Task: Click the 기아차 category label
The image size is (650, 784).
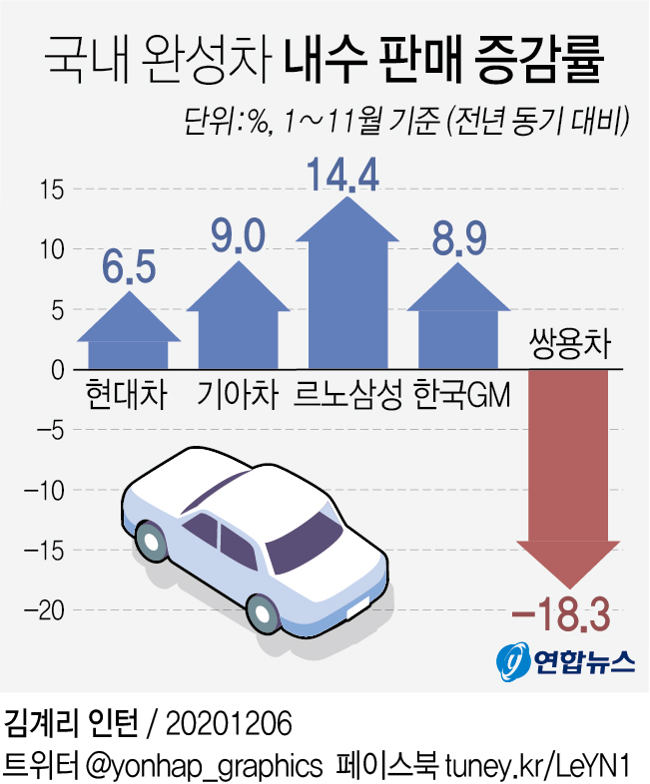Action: pyautogui.click(x=237, y=393)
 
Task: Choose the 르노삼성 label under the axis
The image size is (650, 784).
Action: pyautogui.click(x=347, y=393)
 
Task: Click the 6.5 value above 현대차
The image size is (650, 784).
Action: pyautogui.click(x=129, y=268)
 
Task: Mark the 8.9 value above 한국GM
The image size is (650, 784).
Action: pyautogui.click(x=458, y=240)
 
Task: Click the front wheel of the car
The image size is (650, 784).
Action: pyautogui.click(x=262, y=610)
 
